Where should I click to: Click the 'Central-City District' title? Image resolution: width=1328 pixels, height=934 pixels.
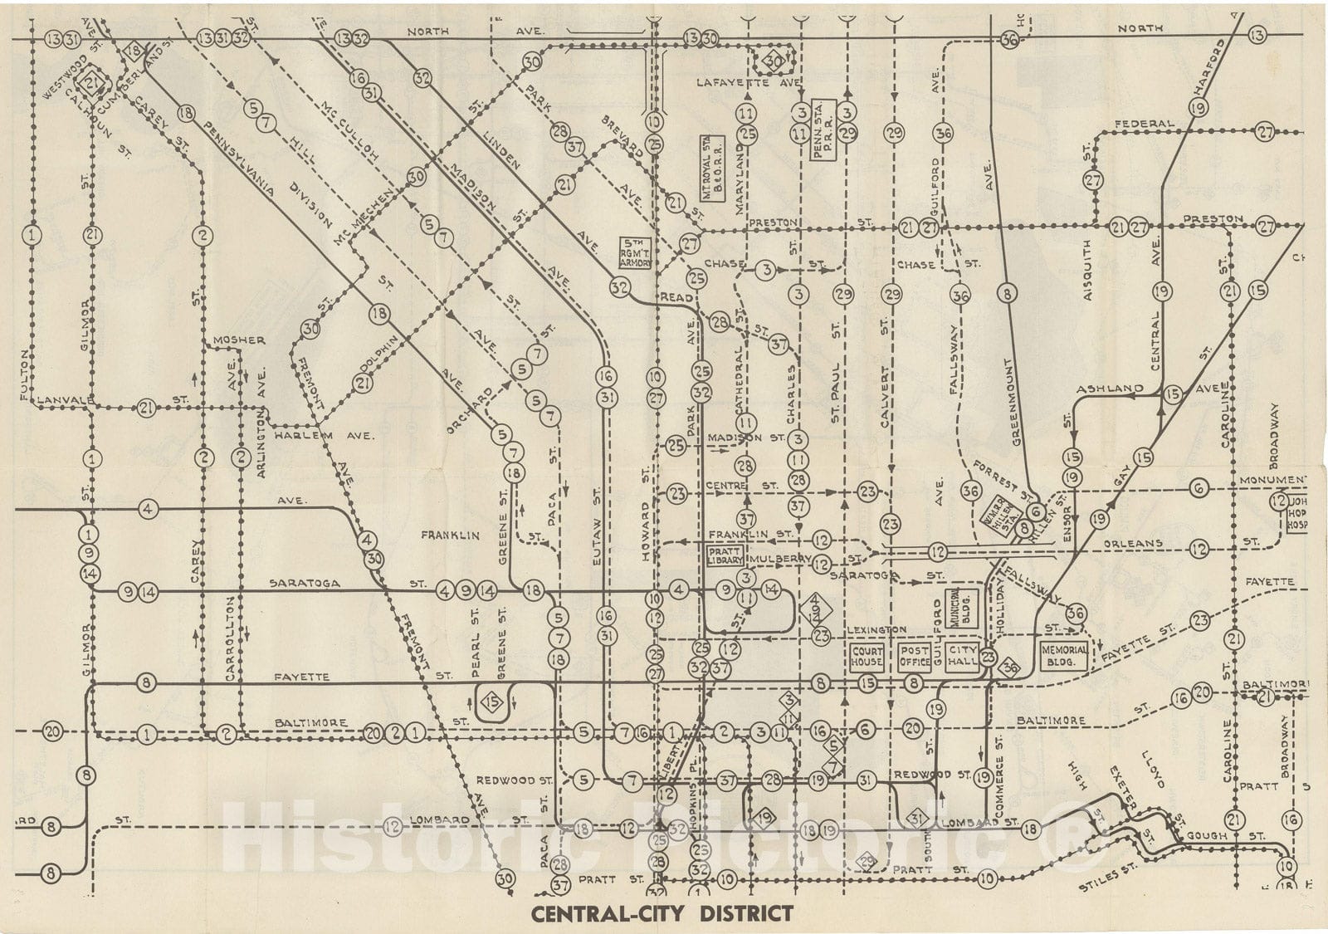pos(662,914)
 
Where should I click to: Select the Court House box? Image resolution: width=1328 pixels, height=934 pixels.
pos(867,658)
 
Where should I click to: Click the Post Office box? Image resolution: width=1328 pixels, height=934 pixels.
pos(915,658)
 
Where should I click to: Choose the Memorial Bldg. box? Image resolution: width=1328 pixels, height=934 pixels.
pos(1063,656)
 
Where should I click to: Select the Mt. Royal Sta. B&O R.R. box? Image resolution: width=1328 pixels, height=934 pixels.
pos(713,181)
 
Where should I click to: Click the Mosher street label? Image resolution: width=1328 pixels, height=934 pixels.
pos(238,340)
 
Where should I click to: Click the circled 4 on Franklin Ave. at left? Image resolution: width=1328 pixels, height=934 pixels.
pos(149,508)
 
